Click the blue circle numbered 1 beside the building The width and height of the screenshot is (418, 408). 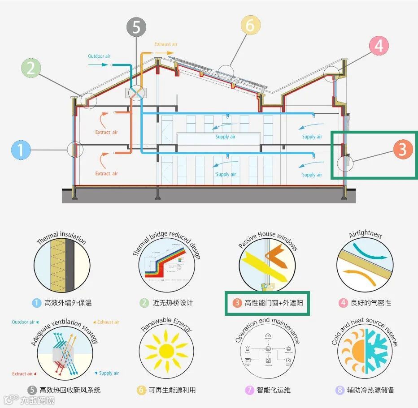pos(21,150)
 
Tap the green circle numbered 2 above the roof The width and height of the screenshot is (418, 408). pos(31,69)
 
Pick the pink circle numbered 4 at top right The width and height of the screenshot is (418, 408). pos(379,46)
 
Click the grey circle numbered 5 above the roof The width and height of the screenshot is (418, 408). pos(136,27)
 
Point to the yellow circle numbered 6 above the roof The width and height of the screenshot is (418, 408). pos(250,25)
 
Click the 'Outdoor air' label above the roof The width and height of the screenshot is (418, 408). pos(99,56)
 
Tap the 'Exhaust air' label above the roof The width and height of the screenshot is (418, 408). pos(166,44)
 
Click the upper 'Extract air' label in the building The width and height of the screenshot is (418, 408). pos(106,132)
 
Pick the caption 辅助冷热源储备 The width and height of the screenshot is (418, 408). pos(370,390)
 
